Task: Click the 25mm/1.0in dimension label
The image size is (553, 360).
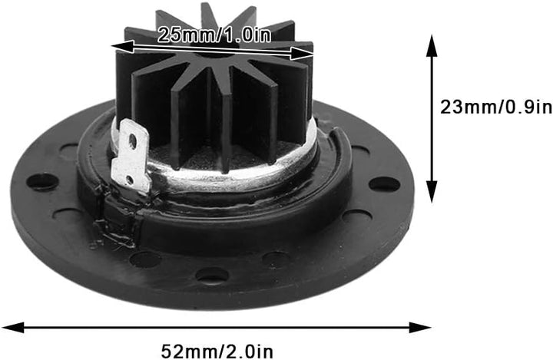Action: pos(214,35)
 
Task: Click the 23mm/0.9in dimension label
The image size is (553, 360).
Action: pos(496,107)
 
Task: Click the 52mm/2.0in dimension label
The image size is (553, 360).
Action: pos(217,352)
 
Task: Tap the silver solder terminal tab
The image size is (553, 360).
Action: pos(130,156)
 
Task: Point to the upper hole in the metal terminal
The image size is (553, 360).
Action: pos(133,140)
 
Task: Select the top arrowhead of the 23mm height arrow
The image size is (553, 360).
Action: pos(432,45)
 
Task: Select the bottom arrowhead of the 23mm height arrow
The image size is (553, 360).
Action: pos(432,192)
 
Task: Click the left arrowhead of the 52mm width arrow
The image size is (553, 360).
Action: pos(13,327)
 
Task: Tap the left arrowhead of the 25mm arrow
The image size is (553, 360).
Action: pos(122,47)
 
